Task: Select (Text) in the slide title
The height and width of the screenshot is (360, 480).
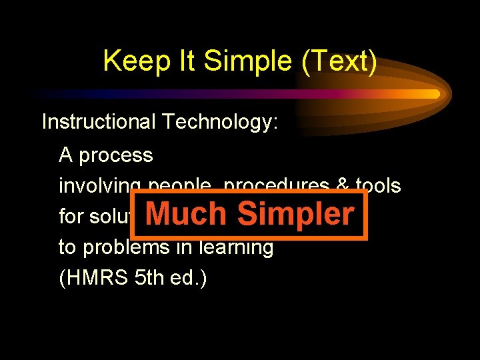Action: tap(339, 62)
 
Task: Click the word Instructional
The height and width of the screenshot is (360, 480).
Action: tap(96, 122)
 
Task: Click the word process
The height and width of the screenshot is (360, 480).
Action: tap(115, 156)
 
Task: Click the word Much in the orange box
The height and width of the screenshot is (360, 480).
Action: tap(186, 214)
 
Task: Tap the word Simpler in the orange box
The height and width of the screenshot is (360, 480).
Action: tap(295, 214)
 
